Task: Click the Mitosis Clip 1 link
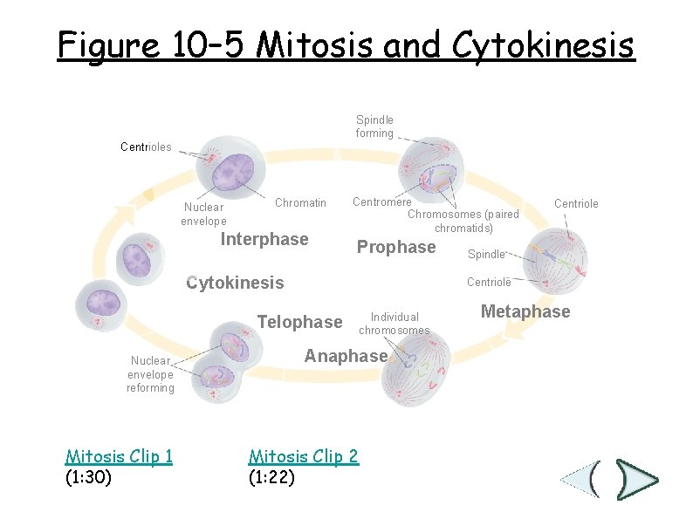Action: [x=119, y=456]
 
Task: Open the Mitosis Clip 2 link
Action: [x=303, y=456]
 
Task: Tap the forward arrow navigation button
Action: [x=635, y=479]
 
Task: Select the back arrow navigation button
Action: [x=582, y=479]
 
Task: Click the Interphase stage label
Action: [x=264, y=240]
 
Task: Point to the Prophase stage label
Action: [x=396, y=248]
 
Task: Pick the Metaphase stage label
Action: [x=525, y=312]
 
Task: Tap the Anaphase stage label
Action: [x=345, y=356]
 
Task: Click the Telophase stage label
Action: [x=299, y=323]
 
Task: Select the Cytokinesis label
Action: [x=236, y=283]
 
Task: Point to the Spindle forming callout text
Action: [x=374, y=126]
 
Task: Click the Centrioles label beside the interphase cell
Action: [x=146, y=147]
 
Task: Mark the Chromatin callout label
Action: [x=300, y=203]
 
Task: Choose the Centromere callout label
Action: [x=381, y=202]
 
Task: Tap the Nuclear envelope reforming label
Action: [x=150, y=373]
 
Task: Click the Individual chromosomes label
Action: [x=395, y=324]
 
